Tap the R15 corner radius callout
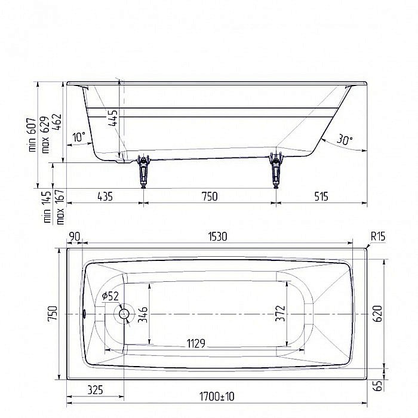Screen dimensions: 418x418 click(x=377, y=236)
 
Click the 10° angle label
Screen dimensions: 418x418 click(x=78, y=137)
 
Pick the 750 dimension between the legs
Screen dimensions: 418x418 click(x=209, y=196)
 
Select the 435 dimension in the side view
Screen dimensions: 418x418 click(x=104, y=196)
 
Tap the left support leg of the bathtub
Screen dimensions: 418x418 click(x=143, y=170)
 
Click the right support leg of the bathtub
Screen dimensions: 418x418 click(x=275, y=170)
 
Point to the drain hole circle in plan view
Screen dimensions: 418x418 click(x=125, y=314)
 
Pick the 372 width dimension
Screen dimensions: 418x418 click(x=281, y=314)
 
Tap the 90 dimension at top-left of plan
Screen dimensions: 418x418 click(x=75, y=236)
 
